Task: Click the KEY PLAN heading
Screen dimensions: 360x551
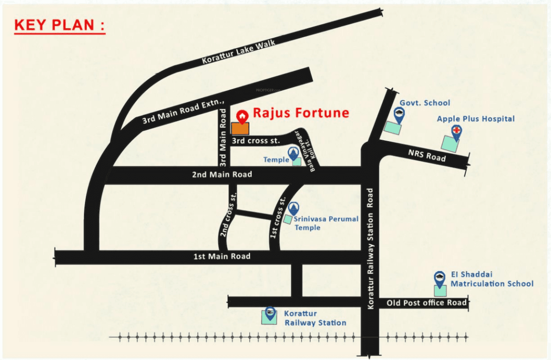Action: point(60,25)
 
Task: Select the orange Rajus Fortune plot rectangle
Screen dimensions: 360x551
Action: point(240,128)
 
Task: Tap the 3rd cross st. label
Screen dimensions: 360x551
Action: point(256,141)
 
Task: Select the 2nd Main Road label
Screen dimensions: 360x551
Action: point(222,174)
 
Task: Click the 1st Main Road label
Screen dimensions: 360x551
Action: point(222,256)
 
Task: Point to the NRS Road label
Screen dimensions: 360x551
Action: point(427,155)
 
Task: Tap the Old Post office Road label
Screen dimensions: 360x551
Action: point(427,302)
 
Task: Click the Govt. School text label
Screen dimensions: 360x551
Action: point(425,103)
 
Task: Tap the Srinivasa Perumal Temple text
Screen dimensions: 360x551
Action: point(326,223)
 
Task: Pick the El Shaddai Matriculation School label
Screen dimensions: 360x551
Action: point(491,279)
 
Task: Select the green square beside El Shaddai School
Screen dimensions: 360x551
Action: point(440,291)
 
